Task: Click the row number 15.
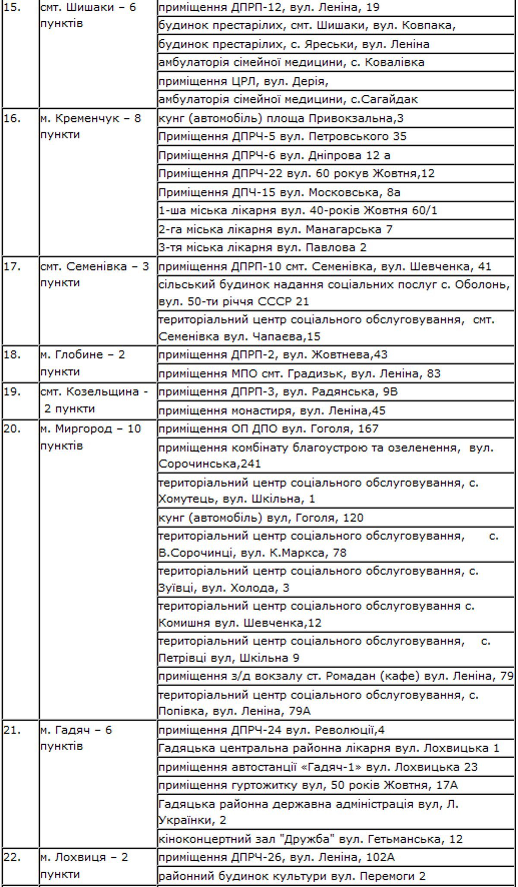[12, 8]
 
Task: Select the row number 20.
[12, 429]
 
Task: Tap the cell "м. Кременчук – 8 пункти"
[91, 126]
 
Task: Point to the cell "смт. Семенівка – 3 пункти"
[95, 274]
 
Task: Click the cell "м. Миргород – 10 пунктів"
[91, 437]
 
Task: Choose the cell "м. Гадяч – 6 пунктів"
[76, 738]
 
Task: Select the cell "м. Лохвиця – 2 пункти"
[84, 865]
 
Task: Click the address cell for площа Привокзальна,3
[281, 118]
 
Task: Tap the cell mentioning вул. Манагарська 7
[275, 229]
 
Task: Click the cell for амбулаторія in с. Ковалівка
[291, 63]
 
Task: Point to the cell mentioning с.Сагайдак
[288, 100]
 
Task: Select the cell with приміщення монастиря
[272, 410]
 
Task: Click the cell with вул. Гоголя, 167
[268, 429]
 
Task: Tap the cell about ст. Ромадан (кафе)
[335, 676]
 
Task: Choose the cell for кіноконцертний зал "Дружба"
[310, 839]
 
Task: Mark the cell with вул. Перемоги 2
[292, 876]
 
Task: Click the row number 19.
[12, 392]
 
